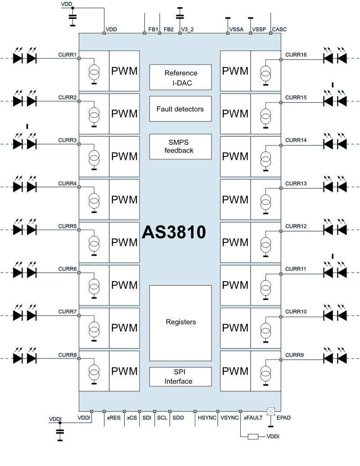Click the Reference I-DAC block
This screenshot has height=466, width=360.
click(x=180, y=77)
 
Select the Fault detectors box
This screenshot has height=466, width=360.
click(x=180, y=109)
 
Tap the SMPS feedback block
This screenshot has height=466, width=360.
click(x=180, y=147)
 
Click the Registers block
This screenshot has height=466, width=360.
click(x=180, y=322)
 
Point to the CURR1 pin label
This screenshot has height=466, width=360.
click(x=67, y=55)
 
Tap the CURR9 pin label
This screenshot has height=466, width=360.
click(x=295, y=355)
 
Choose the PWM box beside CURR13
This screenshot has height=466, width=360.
click(x=235, y=200)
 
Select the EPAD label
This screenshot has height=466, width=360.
click(x=283, y=418)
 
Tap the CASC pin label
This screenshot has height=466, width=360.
click(x=279, y=30)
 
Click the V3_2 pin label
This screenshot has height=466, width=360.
click(x=187, y=30)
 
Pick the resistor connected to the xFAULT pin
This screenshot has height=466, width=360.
click(x=253, y=436)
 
